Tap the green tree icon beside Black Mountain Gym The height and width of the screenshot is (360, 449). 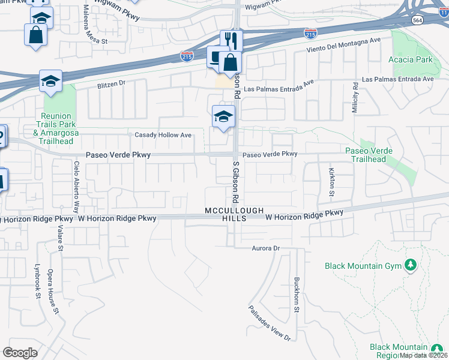(x=411, y=265)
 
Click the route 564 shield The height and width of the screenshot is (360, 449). (x=417, y=20)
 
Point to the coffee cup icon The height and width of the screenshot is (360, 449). (x=215, y=56)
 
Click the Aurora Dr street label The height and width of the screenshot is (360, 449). (x=266, y=248)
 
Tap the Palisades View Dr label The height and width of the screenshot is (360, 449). (x=270, y=323)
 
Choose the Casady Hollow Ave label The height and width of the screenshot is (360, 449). (x=163, y=135)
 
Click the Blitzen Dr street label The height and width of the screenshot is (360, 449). (x=111, y=85)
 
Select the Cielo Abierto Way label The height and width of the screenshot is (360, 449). (x=76, y=187)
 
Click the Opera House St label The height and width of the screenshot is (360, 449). (x=54, y=292)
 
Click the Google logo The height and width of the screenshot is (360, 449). (x=20, y=352)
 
